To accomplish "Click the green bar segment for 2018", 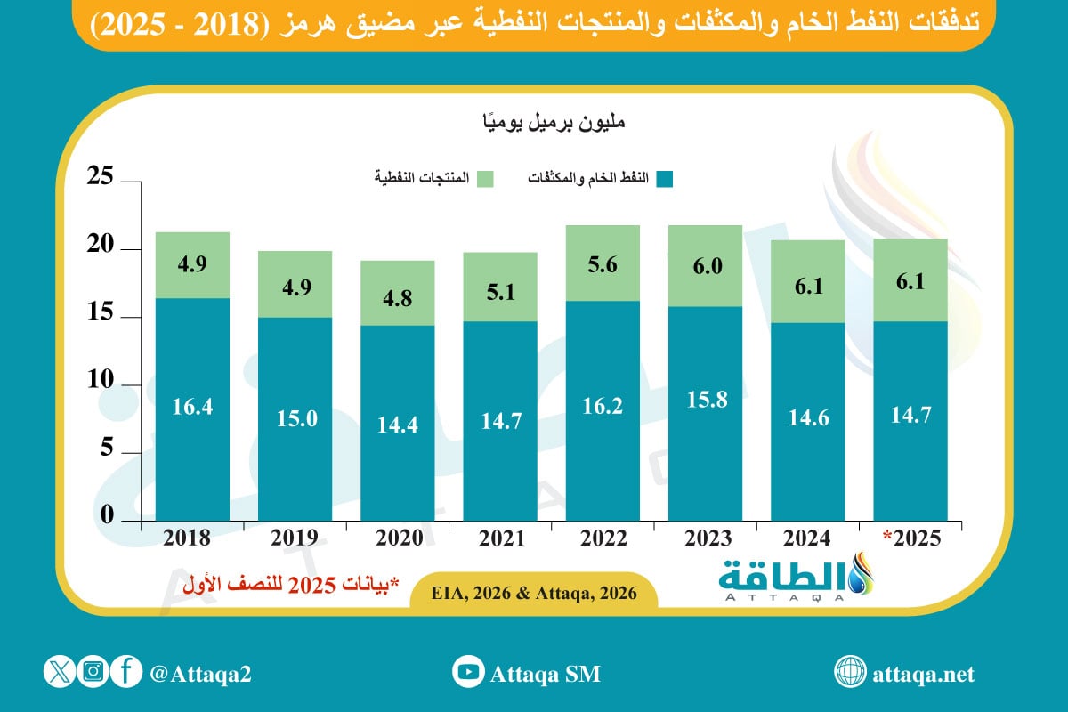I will pyautogui.click(x=192, y=265).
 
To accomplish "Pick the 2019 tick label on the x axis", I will pyautogui.click(x=295, y=538).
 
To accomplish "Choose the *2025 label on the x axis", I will pyautogui.click(x=910, y=538).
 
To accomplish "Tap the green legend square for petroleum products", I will pyautogui.click(x=485, y=178).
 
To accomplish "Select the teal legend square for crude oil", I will pyautogui.click(x=665, y=178).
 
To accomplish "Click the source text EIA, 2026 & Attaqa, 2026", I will pyautogui.click(x=535, y=593).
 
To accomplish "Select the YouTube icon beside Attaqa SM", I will pyautogui.click(x=467, y=673).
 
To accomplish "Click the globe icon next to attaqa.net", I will pyautogui.click(x=850, y=673).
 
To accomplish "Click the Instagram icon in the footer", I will pyautogui.click(x=92, y=673).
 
